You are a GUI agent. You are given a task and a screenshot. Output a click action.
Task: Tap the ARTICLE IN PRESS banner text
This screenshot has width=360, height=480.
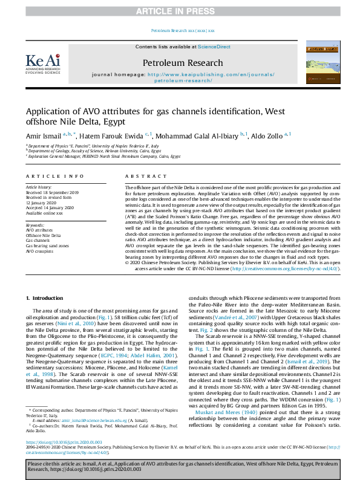(180, 11)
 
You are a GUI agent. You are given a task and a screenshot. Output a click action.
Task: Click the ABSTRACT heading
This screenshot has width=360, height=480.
(138, 176)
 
